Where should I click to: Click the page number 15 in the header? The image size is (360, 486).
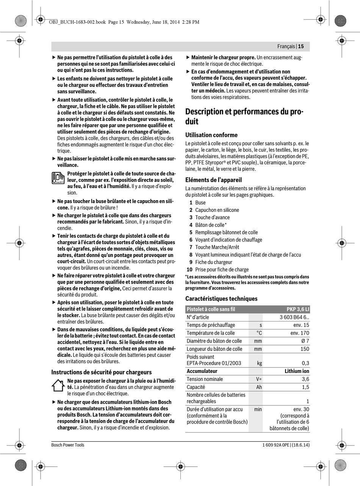point(301,47)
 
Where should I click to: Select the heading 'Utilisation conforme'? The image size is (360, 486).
point(211,135)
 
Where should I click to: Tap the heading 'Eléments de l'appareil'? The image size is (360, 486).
point(213,180)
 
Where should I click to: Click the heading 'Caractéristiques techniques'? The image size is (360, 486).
point(221,298)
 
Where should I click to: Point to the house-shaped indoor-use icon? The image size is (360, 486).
point(58,385)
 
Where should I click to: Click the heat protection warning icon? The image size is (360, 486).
point(58,178)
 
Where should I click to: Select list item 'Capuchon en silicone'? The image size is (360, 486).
point(217,210)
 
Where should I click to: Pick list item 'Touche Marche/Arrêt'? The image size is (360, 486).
point(217,247)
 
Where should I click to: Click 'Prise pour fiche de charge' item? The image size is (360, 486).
point(222,270)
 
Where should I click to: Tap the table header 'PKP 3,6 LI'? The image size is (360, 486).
point(297,309)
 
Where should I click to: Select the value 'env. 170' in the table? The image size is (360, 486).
point(300,333)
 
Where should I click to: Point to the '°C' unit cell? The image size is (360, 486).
point(259,333)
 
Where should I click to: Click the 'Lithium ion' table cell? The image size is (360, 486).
point(297,371)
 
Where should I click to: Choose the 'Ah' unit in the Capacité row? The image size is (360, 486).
point(259,387)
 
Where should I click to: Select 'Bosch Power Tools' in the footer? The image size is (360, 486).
point(68,445)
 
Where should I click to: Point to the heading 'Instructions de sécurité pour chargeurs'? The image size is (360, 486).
point(101,372)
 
